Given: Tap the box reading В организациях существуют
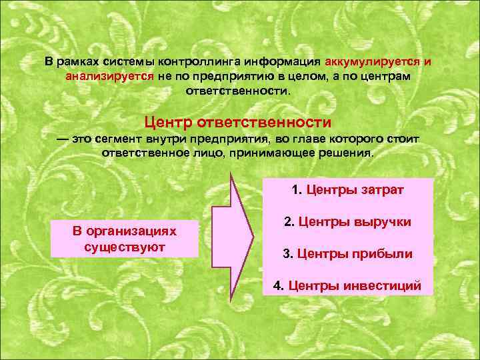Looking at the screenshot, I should tap(125, 238).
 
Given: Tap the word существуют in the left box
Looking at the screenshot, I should tap(125, 246).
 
